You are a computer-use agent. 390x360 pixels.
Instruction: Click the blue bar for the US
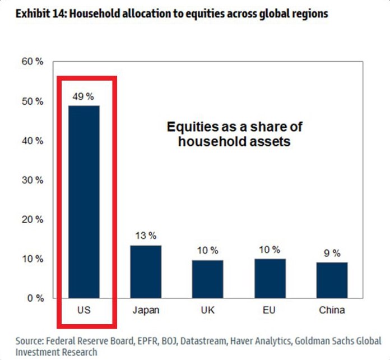83,202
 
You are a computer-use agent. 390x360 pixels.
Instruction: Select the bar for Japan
146,272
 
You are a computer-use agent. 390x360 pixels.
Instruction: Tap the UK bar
207,279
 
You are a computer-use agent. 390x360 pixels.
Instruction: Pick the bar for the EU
270,279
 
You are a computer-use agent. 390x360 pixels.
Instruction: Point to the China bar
332,280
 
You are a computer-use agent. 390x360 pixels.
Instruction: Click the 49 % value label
83,96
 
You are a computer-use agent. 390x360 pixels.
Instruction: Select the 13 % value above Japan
146,236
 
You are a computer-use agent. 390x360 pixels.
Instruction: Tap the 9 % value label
332,253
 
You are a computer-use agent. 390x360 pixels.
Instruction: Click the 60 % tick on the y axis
32,62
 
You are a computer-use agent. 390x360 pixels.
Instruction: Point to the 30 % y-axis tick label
32,180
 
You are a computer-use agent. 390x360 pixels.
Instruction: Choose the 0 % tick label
34,298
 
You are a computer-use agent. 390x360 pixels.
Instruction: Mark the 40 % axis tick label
32,141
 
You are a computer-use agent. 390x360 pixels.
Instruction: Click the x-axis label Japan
145,310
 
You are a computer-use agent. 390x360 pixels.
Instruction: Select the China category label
332,310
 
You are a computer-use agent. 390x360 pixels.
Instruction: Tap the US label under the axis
83,310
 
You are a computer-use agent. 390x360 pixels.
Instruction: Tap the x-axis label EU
270,310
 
